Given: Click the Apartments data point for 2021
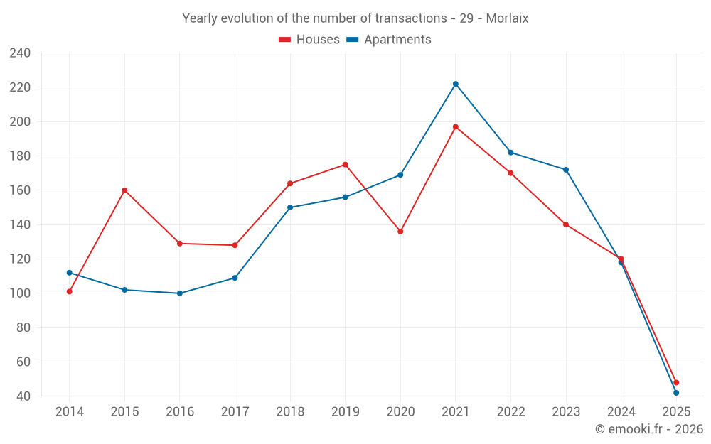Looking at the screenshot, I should [x=456, y=84].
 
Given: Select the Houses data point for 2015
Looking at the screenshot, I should [x=124, y=190].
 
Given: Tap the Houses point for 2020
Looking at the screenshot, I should [x=400, y=232].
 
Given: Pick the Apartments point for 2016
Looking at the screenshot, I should [x=179, y=293].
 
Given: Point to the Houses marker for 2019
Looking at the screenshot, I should [x=346, y=165].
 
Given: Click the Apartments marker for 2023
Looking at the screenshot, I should [x=566, y=170].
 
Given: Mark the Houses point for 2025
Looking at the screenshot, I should [x=676, y=382].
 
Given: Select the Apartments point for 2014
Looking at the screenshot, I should [x=69, y=273].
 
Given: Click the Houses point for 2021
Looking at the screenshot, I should [x=456, y=127].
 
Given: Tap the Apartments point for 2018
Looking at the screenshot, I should [x=290, y=207].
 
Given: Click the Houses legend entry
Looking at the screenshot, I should [x=309, y=40].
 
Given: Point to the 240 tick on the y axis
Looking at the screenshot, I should [x=19, y=53].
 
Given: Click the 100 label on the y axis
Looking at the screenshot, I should [x=19, y=293].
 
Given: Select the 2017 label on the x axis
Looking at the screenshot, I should [x=235, y=412].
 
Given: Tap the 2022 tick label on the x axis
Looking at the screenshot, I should [x=510, y=412].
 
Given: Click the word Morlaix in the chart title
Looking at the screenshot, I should [x=507, y=18].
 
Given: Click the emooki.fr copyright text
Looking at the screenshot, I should [x=648, y=429].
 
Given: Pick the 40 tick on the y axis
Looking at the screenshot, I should [x=23, y=396].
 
